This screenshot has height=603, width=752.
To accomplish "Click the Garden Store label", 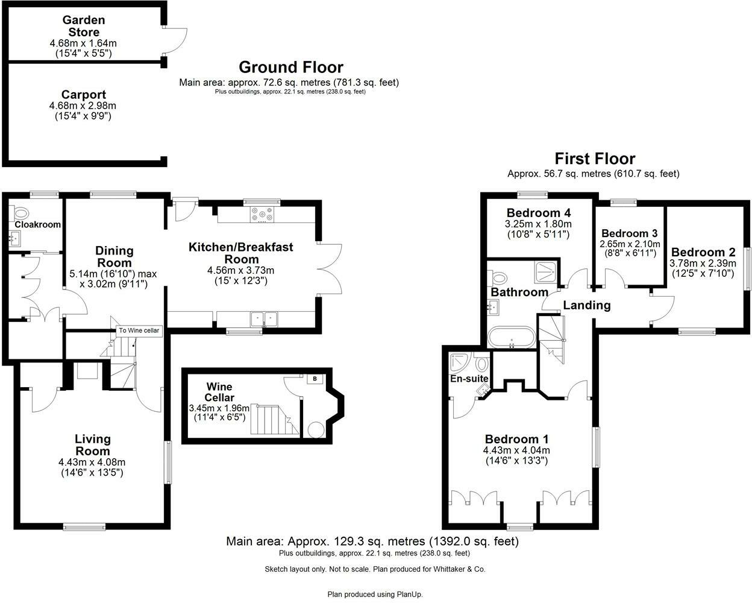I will [x=84, y=26].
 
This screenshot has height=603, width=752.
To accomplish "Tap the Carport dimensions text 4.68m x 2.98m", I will [x=83, y=106].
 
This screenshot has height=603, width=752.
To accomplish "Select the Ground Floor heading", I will [x=290, y=67].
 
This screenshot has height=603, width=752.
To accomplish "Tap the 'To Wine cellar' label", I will [x=139, y=330].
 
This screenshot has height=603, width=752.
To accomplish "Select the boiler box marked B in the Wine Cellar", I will [x=315, y=379].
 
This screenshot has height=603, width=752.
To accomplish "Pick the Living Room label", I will [x=93, y=445].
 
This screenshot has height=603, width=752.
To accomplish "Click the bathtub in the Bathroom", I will [x=511, y=338].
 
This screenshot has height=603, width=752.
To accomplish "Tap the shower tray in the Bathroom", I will [x=545, y=273].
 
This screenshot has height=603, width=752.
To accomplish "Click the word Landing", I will [x=586, y=305].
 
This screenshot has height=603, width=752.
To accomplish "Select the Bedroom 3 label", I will [x=629, y=233].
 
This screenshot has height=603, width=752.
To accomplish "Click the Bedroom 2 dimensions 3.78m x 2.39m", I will [x=703, y=264].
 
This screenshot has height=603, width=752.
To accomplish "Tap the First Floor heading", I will [x=594, y=159].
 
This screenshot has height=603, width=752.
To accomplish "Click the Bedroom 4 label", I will [x=538, y=213].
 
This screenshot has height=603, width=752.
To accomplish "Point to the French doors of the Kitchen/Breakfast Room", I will [x=331, y=268].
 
